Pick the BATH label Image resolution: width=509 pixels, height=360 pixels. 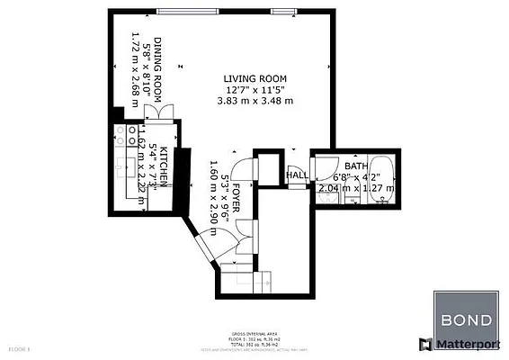tap(355, 166)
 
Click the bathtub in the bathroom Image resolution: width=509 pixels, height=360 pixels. tap(380, 180)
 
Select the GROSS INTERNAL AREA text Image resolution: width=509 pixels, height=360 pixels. tap(253, 331)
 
